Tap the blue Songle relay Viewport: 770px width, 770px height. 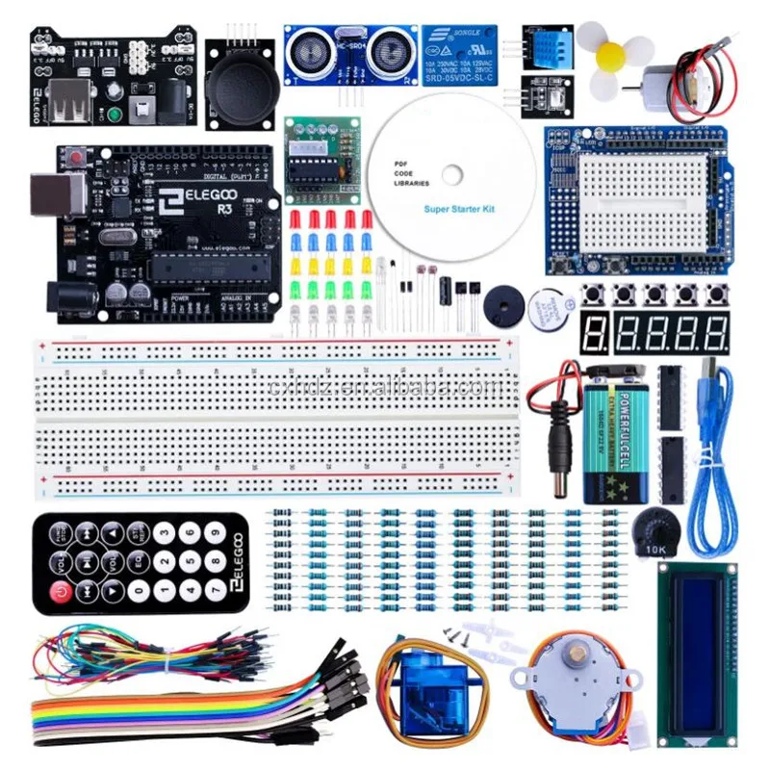460,56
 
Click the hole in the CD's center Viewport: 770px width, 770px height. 449,175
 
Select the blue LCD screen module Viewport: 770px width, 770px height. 695,654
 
